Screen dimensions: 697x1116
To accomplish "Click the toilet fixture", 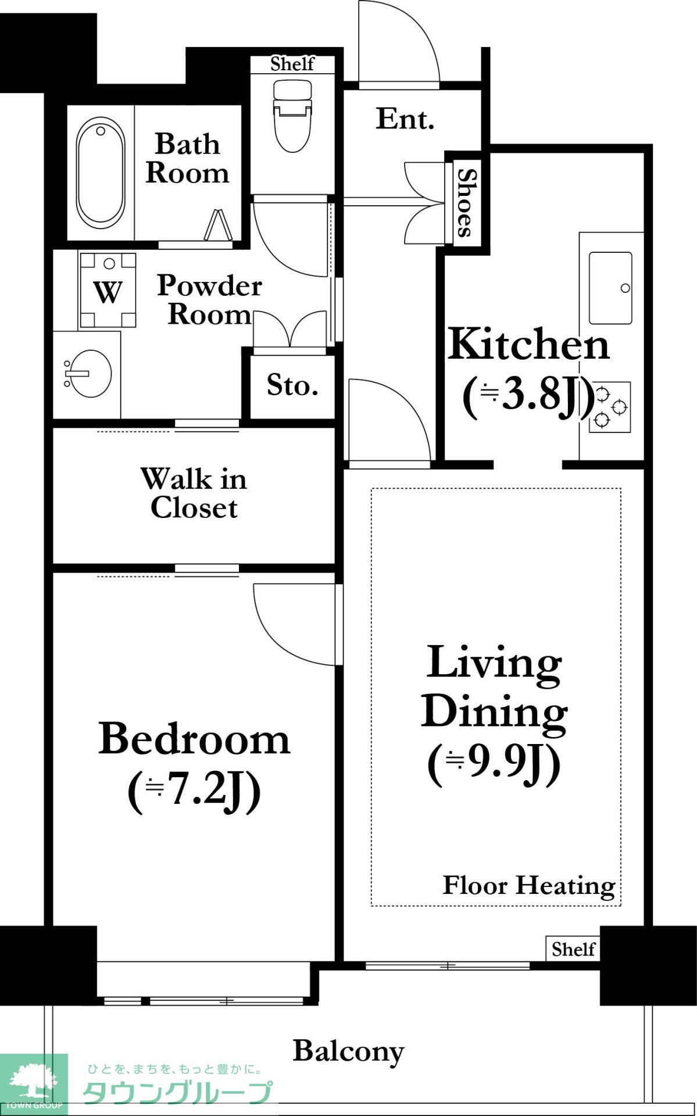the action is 292,115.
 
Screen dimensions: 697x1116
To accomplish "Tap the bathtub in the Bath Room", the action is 101,173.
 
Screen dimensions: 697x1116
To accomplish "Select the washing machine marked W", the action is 108,290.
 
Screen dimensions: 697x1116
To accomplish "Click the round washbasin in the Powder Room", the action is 89,373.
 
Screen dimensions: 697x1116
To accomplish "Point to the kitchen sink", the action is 610,288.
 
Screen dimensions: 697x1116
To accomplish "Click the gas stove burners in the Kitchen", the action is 610,407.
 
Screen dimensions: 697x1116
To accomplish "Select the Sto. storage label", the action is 292,385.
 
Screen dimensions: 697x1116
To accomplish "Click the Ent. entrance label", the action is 405,119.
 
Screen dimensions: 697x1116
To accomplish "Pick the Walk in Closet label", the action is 194,493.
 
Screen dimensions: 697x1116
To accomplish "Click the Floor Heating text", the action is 529,886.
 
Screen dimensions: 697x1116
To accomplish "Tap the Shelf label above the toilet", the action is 292,64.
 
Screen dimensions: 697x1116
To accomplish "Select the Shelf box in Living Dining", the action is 573,949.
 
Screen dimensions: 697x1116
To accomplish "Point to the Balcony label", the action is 348,1051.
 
